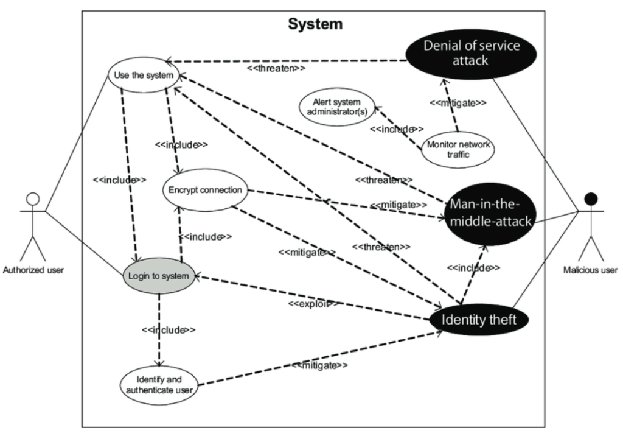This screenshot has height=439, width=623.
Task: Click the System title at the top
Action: coord(315,24)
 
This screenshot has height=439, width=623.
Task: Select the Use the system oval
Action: coord(144,76)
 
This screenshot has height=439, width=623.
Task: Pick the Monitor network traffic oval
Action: coord(458,150)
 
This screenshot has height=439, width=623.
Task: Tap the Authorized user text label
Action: coord(33,270)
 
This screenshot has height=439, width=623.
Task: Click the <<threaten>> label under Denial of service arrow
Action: coord(276,69)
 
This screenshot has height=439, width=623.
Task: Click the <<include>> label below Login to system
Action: coord(169,329)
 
